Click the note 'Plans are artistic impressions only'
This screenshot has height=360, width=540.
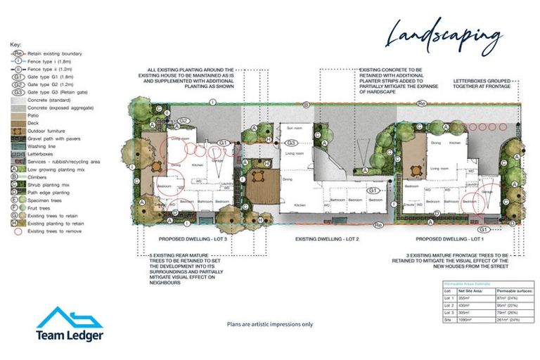[x=269, y=324]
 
